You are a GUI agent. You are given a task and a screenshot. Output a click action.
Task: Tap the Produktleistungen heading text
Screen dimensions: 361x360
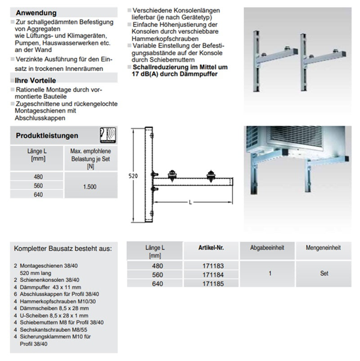coord(47,135)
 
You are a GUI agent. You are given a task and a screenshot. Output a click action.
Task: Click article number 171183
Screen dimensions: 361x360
coord(211,266)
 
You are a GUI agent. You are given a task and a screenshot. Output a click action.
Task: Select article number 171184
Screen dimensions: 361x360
coord(211,275)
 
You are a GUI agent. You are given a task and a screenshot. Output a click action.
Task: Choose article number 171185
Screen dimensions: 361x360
coord(211,284)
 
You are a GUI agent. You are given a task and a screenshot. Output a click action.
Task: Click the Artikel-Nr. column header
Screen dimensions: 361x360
coord(211,248)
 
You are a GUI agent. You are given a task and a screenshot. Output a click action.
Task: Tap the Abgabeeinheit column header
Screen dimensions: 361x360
coord(269,248)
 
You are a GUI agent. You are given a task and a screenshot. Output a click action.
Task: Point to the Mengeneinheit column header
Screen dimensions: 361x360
coord(323,248)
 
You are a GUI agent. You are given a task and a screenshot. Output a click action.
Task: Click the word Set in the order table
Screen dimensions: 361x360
coord(324,273)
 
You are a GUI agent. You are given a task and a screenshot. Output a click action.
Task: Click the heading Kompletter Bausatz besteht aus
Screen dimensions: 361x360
coord(63,249)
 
